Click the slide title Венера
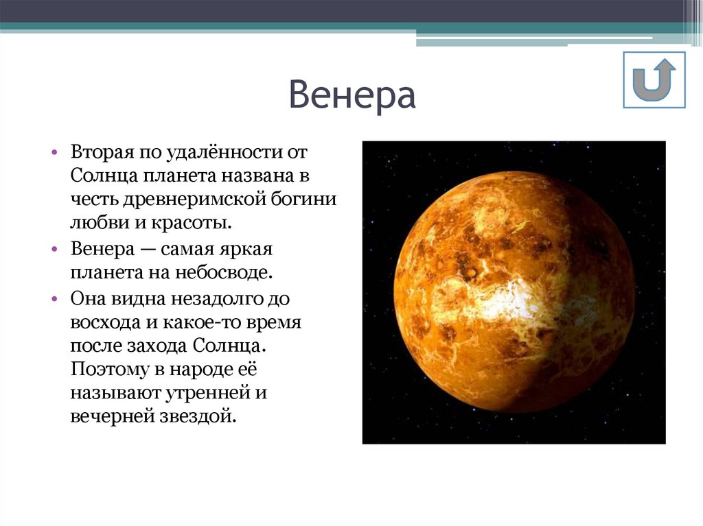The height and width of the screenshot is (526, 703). (x=351, y=96)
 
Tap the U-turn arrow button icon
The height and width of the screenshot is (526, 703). (x=654, y=80)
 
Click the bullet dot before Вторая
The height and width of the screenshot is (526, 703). (x=54, y=152)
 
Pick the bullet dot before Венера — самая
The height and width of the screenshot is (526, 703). (x=54, y=248)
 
